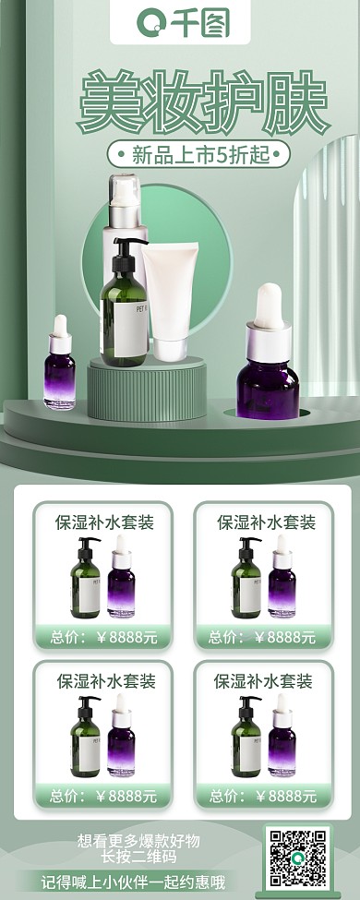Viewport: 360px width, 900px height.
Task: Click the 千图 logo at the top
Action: click(180, 22)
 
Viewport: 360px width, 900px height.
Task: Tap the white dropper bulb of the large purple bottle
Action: click(269, 306)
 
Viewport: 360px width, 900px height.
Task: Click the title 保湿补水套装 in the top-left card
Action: click(104, 523)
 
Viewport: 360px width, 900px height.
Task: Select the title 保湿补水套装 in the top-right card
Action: click(266, 523)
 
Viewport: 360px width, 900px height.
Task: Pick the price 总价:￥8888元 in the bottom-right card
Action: click(262, 796)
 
